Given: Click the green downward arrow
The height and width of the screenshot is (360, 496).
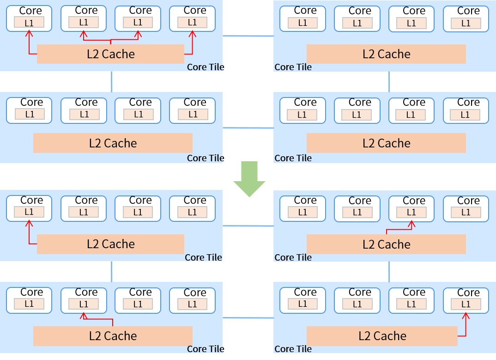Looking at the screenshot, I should click(249, 179).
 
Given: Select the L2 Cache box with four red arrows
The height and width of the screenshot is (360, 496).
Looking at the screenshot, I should click(111, 54).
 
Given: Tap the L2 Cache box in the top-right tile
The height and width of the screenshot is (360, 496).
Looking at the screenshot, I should click(386, 54).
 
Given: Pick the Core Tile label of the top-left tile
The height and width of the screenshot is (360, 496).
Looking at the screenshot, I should click(205, 67).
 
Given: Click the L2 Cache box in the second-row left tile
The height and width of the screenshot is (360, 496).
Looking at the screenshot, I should click(113, 143).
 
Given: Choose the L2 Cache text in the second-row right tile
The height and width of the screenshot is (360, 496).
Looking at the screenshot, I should click(386, 143).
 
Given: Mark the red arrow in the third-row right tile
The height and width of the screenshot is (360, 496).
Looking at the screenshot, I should click(400, 229).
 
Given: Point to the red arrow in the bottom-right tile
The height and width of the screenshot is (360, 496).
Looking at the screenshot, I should click(466, 326).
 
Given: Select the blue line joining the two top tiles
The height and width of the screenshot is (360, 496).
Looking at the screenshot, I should click(248, 36).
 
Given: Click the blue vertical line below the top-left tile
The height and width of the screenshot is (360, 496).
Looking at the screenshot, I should click(112, 81).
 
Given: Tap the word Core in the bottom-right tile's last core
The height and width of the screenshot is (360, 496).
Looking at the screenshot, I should click(468, 293).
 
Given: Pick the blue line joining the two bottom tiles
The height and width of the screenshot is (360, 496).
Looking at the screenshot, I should click(248, 318).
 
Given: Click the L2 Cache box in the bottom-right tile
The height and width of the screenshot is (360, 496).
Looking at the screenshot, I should click(382, 336).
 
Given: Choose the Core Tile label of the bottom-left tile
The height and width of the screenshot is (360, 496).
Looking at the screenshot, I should click(205, 349).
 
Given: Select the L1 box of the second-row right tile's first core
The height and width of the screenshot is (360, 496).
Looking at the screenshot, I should click(302, 115).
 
